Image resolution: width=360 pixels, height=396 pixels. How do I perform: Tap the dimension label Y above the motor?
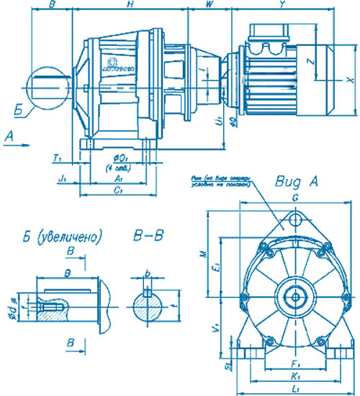(283, 5)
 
